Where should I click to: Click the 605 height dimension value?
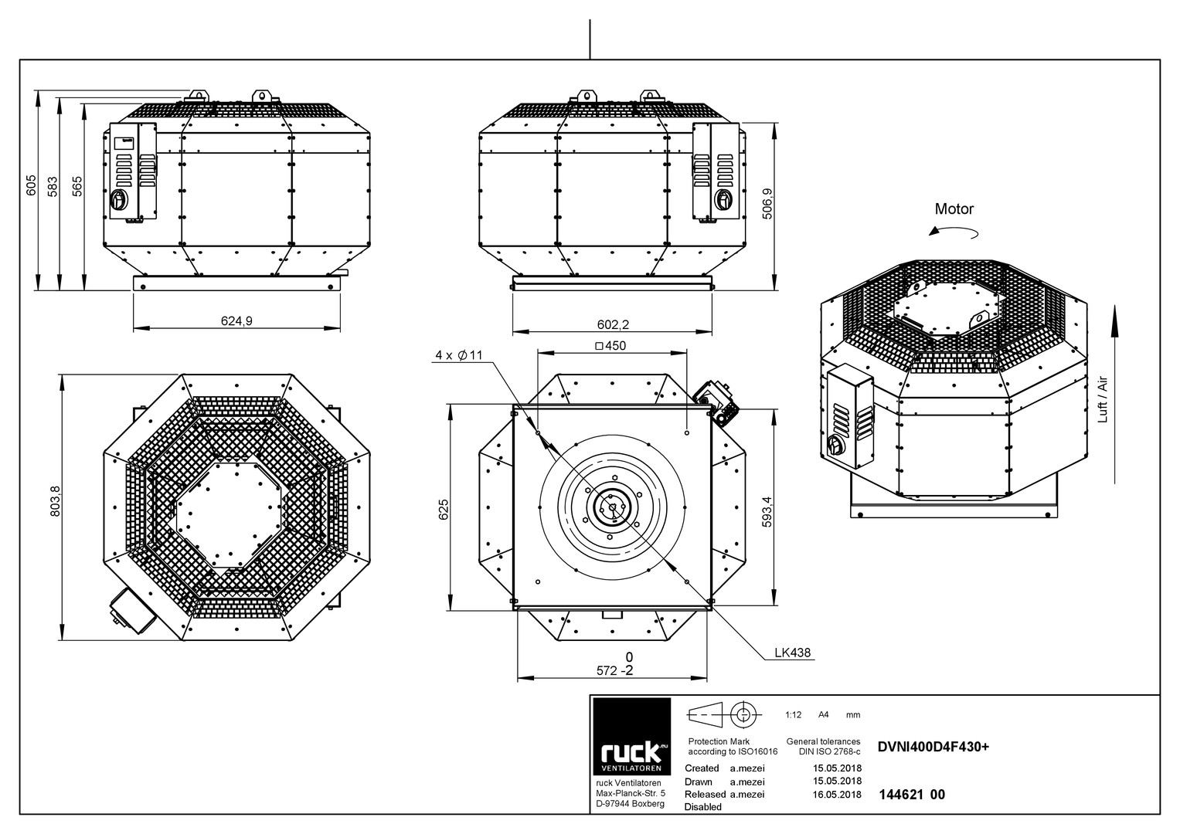click(32, 185)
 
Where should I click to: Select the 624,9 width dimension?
click(236, 320)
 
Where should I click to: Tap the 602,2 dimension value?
click(613, 324)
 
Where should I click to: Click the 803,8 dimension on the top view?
click(56, 500)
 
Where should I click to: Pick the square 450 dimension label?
click(610, 346)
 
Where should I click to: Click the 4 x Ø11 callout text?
click(459, 355)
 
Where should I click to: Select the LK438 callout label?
click(792, 653)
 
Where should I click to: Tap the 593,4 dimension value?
click(767, 511)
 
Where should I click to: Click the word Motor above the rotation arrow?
click(954, 209)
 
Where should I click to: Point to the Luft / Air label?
click(1103, 399)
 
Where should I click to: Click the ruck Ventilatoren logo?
click(631, 737)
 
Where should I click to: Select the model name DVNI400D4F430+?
click(933, 748)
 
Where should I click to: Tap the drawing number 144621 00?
click(912, 795)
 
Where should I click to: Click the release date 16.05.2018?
click(837, 795)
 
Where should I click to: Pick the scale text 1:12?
click(793, 715)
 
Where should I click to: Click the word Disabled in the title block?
click(702, 807)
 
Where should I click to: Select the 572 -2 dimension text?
click(614, 670)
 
